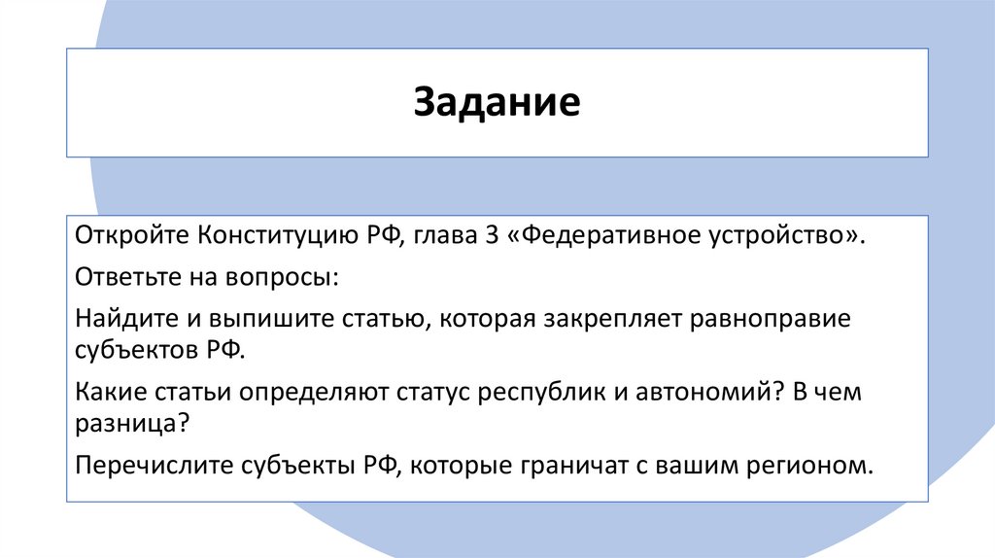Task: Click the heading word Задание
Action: tap(497, 103)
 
